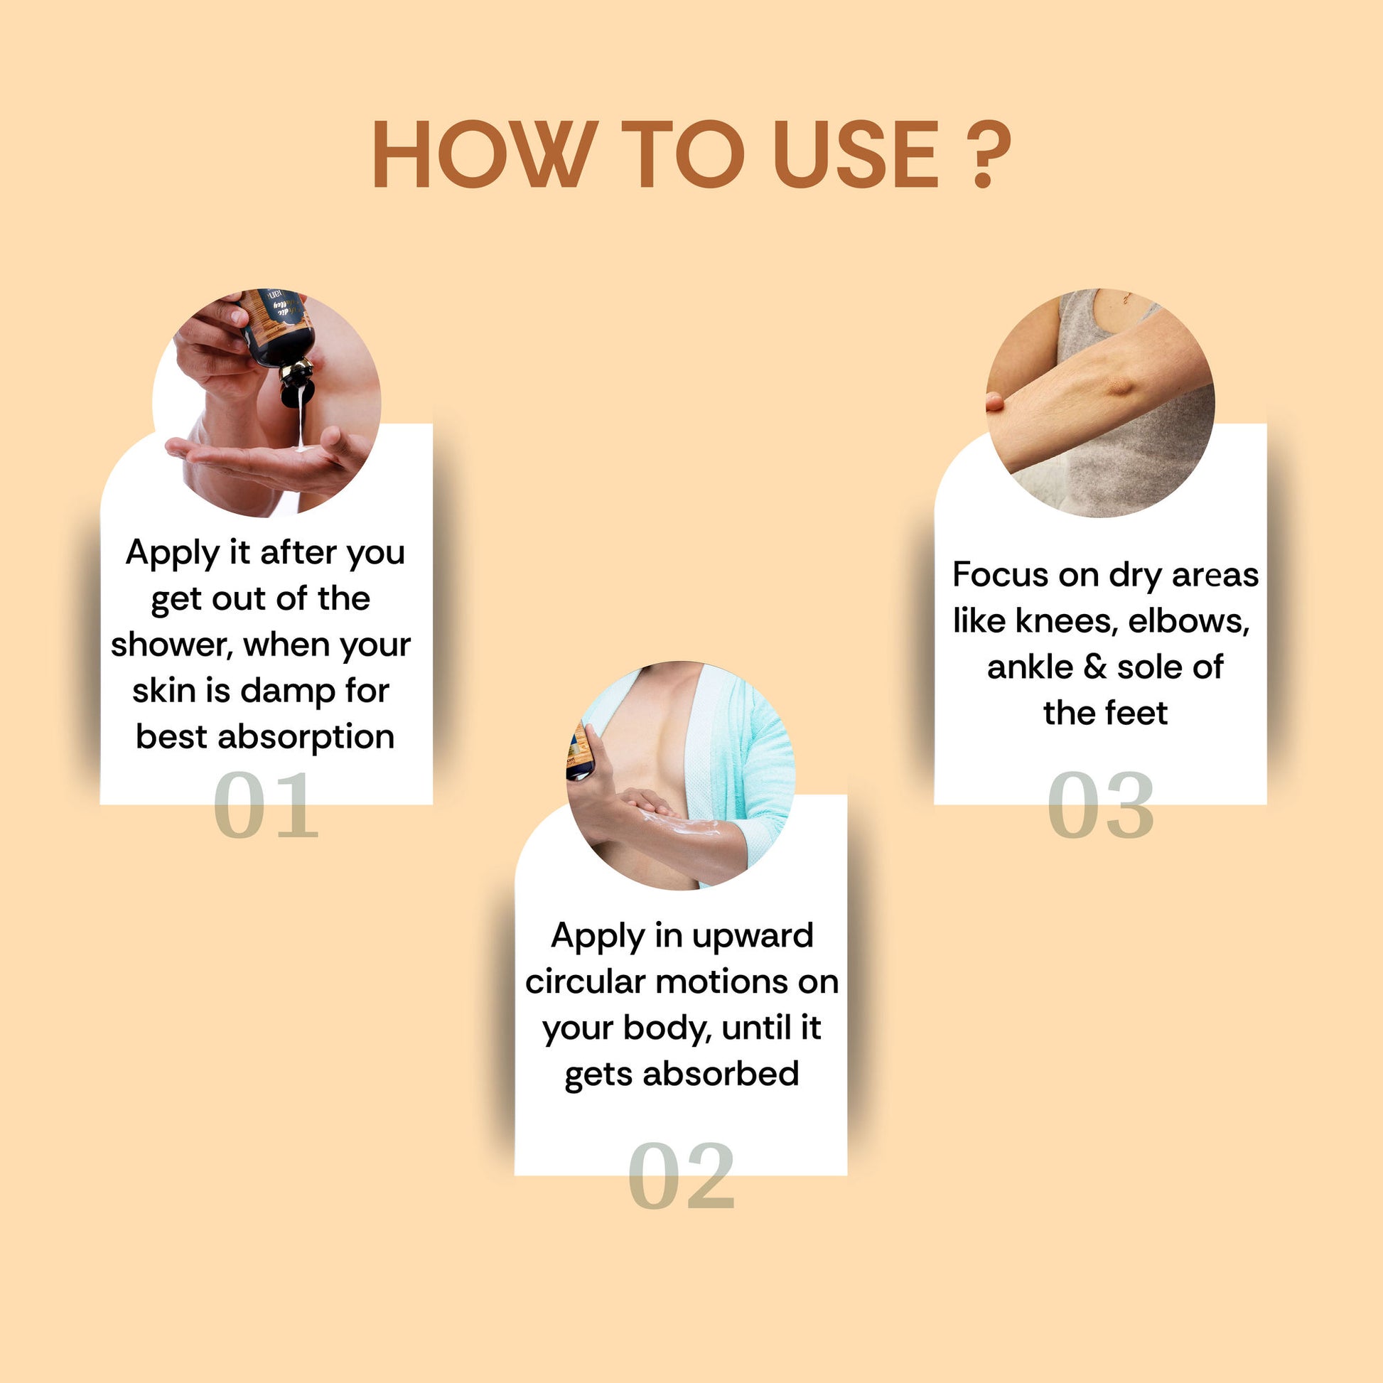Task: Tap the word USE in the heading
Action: click(856, 155)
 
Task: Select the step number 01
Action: click(266, 805)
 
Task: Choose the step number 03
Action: click(1100, 805)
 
